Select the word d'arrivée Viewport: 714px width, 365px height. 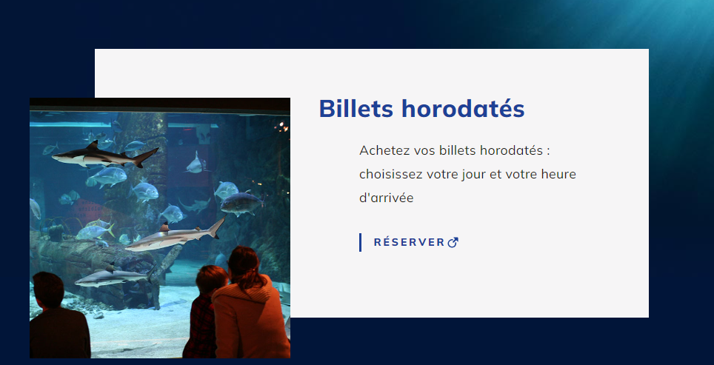[386, 198]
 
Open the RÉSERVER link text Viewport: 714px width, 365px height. [409, 242]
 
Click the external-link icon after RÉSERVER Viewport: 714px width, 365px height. [453, 243]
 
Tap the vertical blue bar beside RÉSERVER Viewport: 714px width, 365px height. [360, 242]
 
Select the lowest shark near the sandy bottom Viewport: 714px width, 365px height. [115, 276]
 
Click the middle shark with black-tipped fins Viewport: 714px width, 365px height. [176, 235]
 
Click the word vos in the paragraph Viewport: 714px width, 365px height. [424, 150]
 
